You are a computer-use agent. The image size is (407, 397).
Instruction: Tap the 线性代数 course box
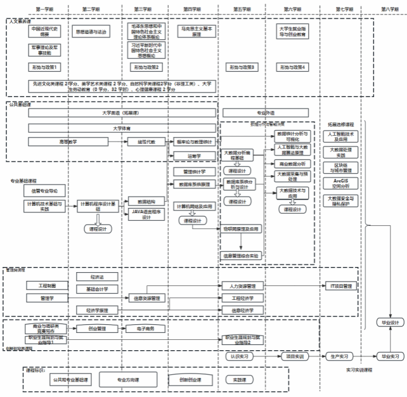point(146,142)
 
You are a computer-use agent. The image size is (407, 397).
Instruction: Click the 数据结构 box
point(146,202)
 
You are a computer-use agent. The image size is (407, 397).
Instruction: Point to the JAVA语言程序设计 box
point(146,214)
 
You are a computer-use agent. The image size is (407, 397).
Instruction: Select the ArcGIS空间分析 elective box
point(341,183)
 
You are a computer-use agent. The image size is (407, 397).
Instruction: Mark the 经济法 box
point(97,277)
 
